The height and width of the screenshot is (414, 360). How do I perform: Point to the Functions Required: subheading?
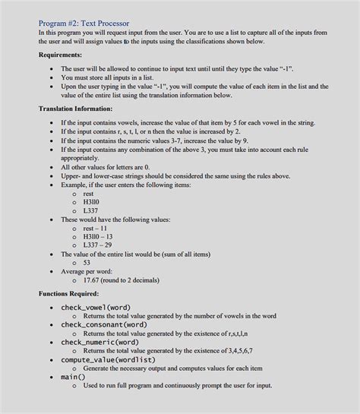[69, 292]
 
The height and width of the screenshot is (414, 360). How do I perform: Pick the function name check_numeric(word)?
[101, 342]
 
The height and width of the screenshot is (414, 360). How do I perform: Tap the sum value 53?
[87, 262]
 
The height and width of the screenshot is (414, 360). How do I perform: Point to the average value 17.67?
[124, 280]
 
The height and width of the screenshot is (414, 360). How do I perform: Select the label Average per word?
[87, 271]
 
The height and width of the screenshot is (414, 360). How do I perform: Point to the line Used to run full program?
[177, 385]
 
